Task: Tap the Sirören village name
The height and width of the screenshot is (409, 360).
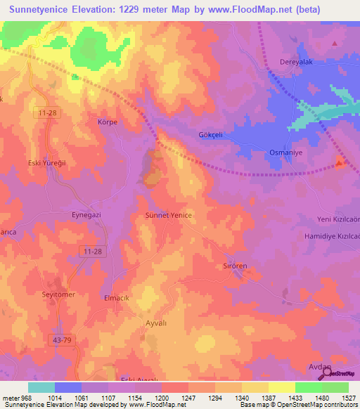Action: coord(236,266)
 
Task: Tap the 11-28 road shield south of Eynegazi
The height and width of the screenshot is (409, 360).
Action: coord(92,251)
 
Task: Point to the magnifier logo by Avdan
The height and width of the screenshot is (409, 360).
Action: coord(328,374)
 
